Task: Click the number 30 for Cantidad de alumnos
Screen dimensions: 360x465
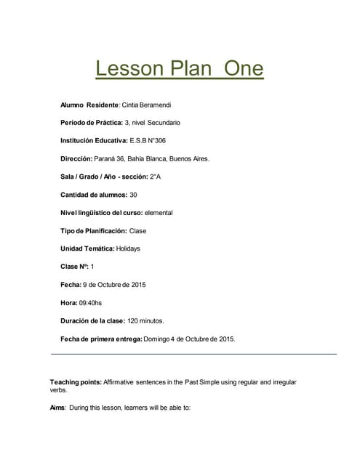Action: point(133,194)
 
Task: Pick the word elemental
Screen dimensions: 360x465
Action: point(159,212)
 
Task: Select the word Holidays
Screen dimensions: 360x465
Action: point(129,248)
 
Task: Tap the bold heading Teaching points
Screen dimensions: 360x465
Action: point(75,381)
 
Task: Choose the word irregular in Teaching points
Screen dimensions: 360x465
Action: point(281,381)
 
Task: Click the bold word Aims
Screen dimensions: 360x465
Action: point(57,408)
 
